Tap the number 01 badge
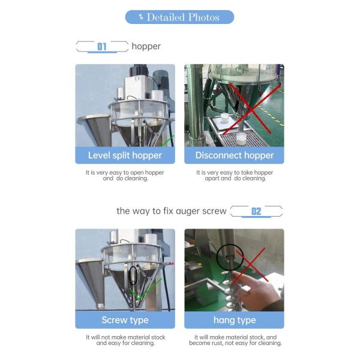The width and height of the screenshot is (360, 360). [x=102, y=46]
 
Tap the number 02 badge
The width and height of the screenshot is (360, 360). [x=256, y=211]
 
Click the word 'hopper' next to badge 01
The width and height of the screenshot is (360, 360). [x=146, y=46]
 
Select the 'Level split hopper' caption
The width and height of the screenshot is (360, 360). [x=125, y=155]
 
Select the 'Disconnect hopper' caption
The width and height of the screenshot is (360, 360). [x=234, y=155]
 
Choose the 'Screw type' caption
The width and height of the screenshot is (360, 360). [x=125, y=320]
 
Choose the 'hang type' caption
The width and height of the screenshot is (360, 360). [x=234, y=320]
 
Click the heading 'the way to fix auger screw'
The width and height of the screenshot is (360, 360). [x=172, y=211]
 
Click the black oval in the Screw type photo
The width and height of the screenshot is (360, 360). [x=133, y=275]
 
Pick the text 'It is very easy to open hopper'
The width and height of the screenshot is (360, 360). [x=125, y=172]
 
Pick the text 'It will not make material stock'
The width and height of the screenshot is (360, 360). [x=125, y=337]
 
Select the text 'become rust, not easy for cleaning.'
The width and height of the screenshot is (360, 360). [x=234, y=343]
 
